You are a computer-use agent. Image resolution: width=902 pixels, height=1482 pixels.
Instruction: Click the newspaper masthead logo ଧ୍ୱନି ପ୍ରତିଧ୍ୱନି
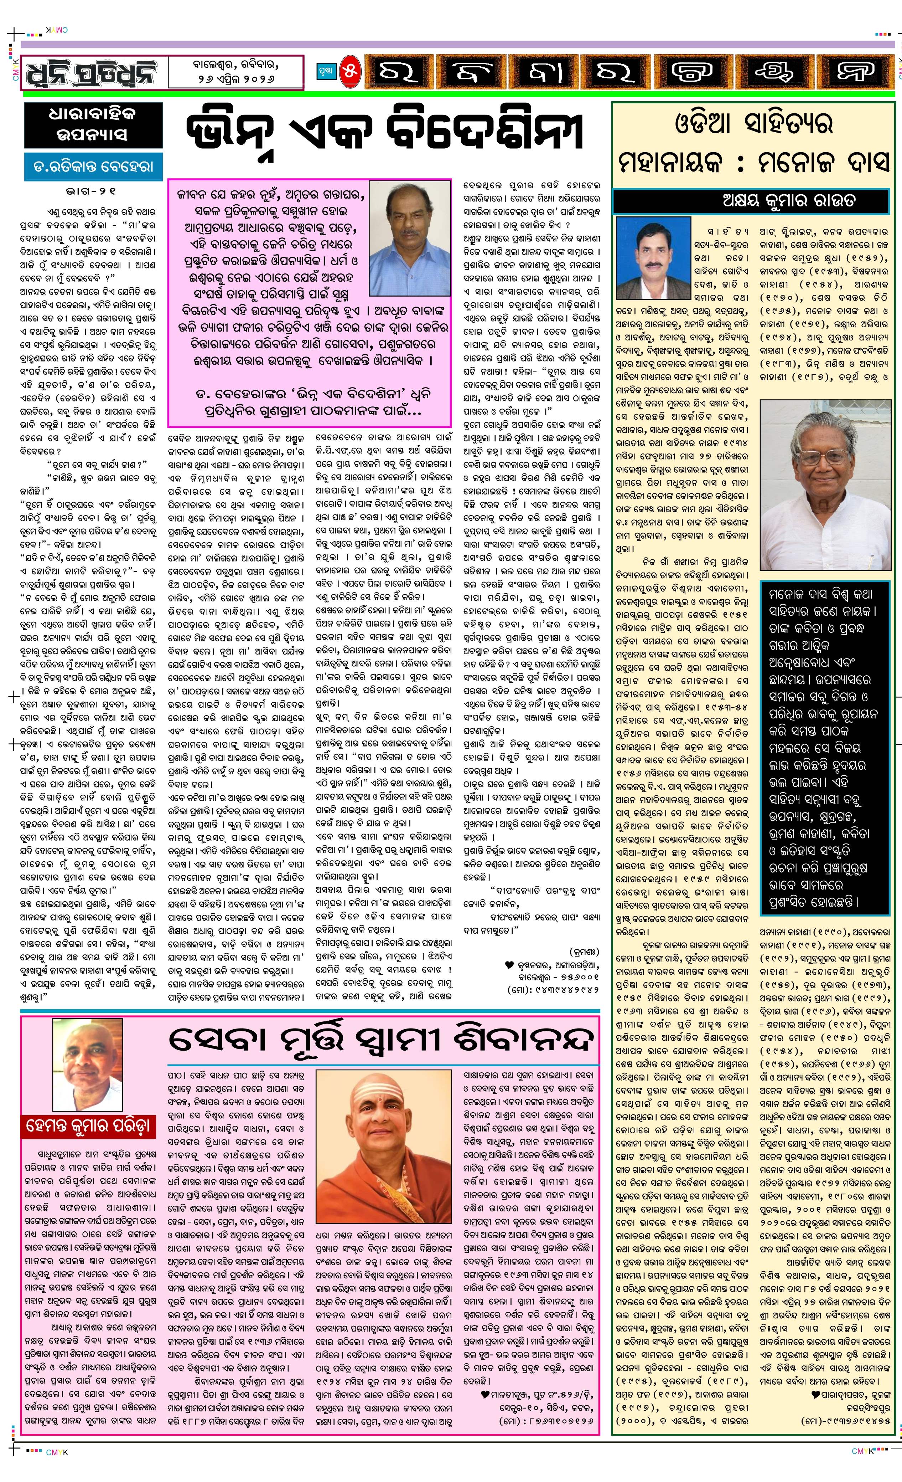91,73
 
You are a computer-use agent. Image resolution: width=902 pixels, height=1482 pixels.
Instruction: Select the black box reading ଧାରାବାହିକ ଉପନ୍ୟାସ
93,124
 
